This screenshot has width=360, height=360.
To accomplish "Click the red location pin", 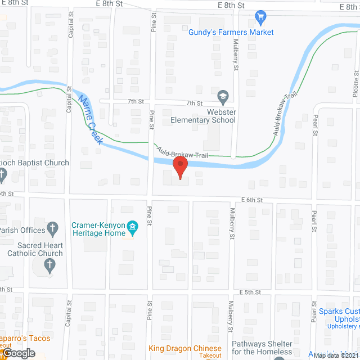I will (179, 167).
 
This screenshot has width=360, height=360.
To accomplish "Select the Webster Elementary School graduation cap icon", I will (223, 96).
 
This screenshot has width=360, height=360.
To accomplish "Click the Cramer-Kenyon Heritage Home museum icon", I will (133, 228).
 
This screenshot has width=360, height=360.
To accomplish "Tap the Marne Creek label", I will (90, 120).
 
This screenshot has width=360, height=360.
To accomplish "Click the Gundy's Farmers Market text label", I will (231, 32).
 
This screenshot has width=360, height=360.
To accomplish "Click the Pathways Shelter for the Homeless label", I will (262, 348).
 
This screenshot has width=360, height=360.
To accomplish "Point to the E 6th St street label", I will (252, 200).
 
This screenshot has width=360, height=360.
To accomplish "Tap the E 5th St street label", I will (251, 292).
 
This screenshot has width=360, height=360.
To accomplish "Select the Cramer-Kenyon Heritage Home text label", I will (98, 229).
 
